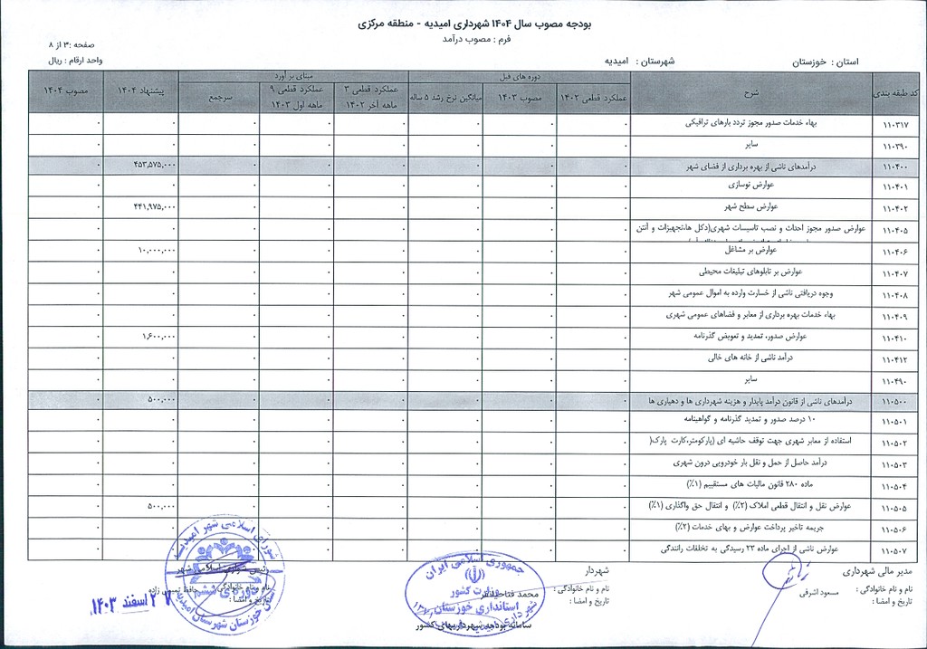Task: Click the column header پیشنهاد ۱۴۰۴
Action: pos(140,91)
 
